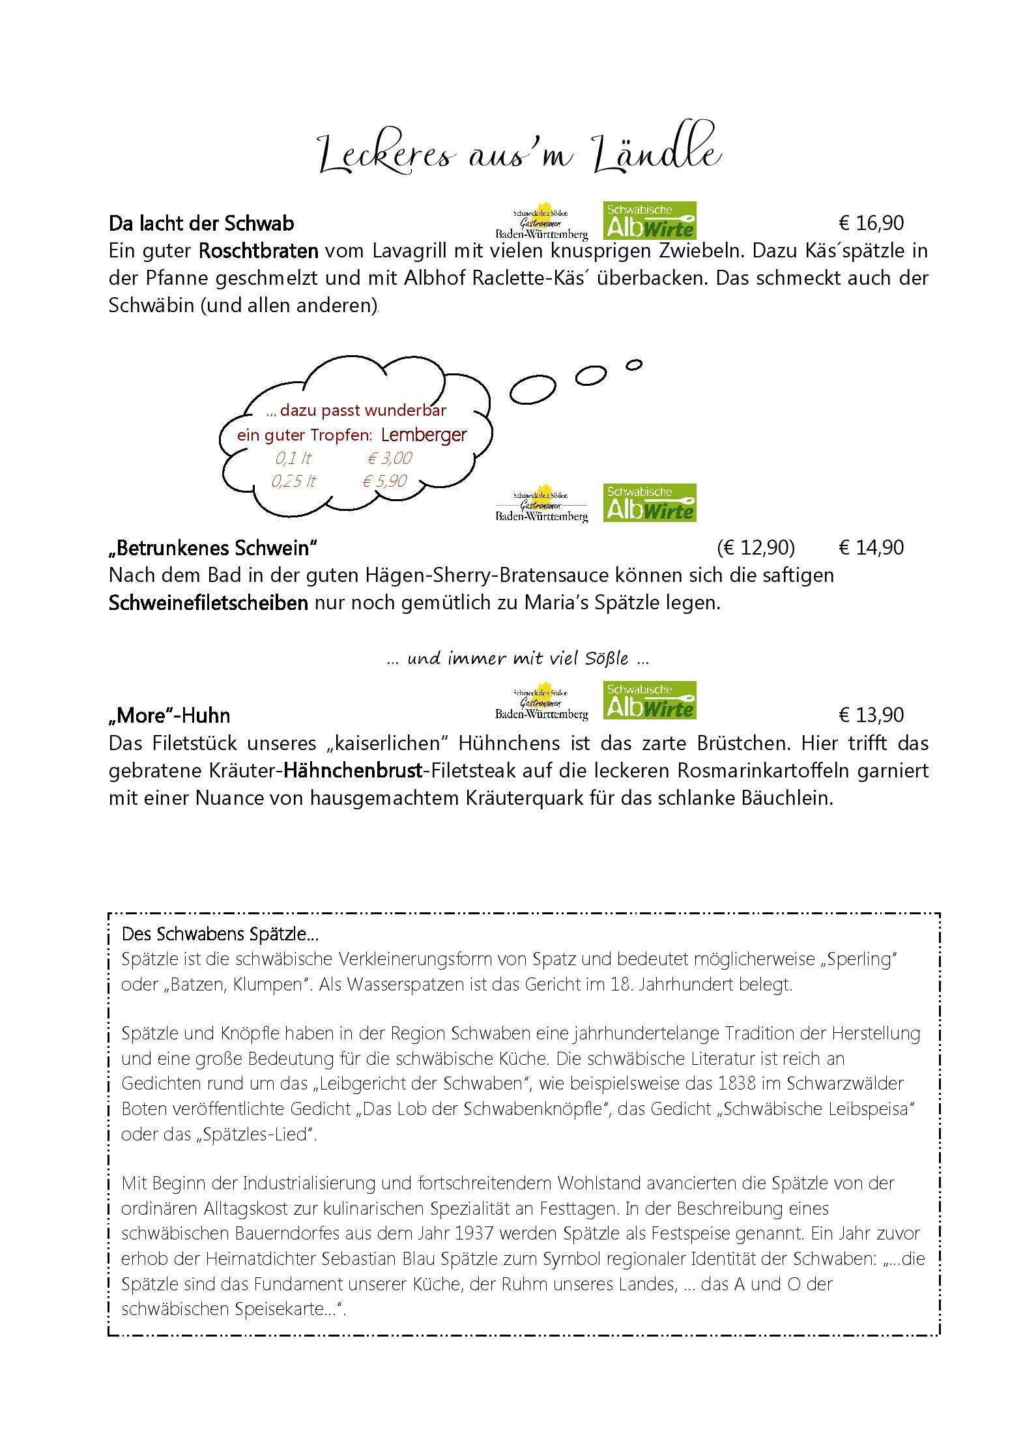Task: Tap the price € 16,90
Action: coord(871,224)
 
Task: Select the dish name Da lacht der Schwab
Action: coord(201,224)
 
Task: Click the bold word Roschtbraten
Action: coord(259,251)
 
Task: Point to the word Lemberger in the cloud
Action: coord(424,435)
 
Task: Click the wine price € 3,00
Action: coord(389,458)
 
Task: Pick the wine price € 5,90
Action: coord(384,481)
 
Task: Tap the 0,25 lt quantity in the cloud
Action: coord(293,481)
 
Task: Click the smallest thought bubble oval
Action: coord(633,366)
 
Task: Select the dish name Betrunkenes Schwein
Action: coord(213,548)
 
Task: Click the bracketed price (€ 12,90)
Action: coord(756,548)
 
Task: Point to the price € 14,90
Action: coord(871,548)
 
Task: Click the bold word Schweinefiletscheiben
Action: coord(209,603)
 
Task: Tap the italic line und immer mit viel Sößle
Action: coord(517,659)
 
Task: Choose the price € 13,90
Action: coord(871,716)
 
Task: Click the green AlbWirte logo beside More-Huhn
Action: coord(650,701)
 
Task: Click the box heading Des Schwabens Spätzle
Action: coord(220,934)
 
